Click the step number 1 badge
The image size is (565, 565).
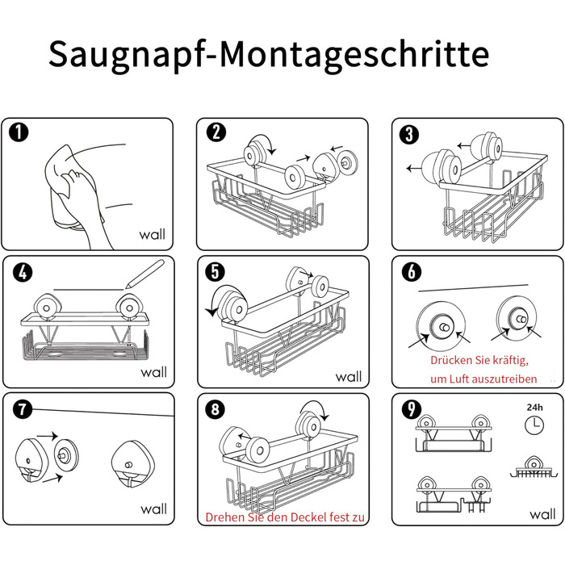pyautogui.click(x=19, y=132)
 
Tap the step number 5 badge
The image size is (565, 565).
pyautogui.click(x=216, y=272)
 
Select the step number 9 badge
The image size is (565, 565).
pyautogui.click(x=412, y=409)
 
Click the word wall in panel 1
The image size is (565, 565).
pyautogui.click(x=152, y=234)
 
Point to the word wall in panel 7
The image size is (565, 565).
pyautogui.click(x=153, y=508)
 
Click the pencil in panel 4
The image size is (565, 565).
pyautogui.click(x=144, y=274)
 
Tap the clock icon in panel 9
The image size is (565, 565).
pyautogui.click(x=534, y=425)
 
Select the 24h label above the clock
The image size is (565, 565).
pyautogui.click(x=534, y=407)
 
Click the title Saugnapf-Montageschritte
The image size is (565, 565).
pyautogui.click(x=269, y=55)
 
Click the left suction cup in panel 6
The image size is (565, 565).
pyautogui.click(x=441, y=326)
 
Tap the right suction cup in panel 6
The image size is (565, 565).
pyautogui.click(x=517, y=318)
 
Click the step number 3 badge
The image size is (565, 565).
pyautogui.click(x=409, y=135)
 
